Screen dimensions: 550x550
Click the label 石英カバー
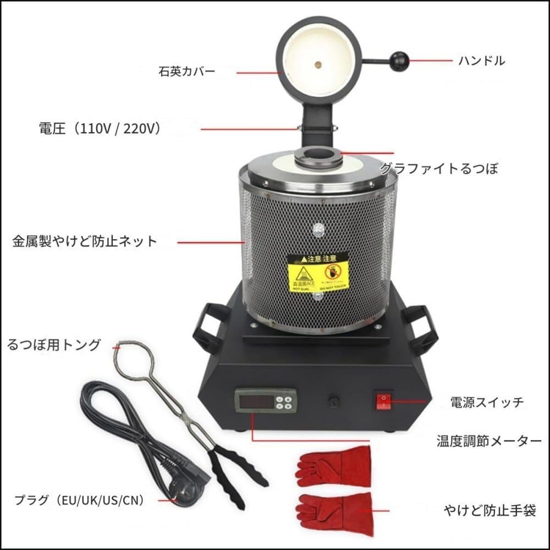click(187, 71)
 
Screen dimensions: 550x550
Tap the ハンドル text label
click(481, 61)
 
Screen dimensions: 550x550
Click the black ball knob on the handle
click(399, 59)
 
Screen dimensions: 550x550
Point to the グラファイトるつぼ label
click(439, 168)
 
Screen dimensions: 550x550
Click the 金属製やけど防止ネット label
click(85, 240)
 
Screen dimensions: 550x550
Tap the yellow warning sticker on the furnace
click(318, 272)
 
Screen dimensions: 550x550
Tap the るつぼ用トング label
click(54, 345)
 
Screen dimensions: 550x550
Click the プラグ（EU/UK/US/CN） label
click(79, 500)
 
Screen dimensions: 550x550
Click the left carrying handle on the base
click(208, 328)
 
